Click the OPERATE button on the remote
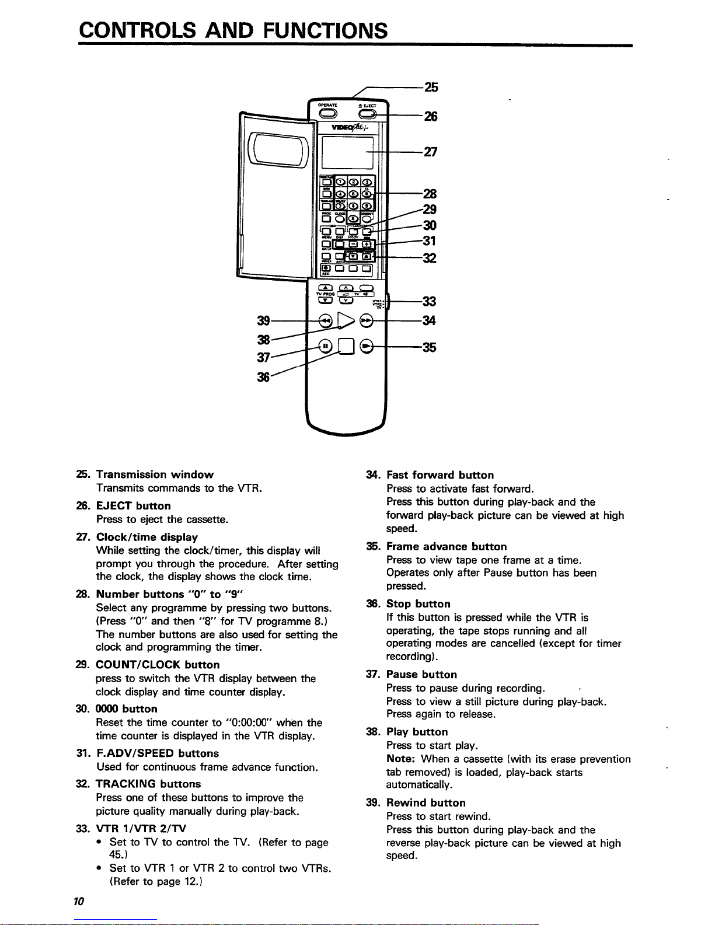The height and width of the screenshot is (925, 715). [x=327, y=113]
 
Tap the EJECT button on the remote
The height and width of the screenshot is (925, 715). [x=368, y=114]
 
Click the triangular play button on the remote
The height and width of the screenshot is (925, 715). [x=346, y=320]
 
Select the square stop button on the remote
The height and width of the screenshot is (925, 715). [x=346, y=347]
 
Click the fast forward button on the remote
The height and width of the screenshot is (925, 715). [x=367, y=320]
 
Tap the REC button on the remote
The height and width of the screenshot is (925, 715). [x=326, y=268]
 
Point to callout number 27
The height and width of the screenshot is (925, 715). [x=430, y=152]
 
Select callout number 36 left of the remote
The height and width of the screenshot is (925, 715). [x=264, y=378]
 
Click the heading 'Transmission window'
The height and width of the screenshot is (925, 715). [x=155, y=474]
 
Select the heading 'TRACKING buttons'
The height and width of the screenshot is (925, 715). [x=148, y=784]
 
